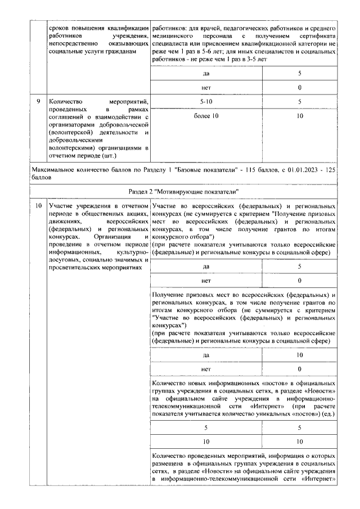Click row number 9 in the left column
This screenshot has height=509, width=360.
coord(38,101)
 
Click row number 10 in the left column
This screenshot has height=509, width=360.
coord(38,206)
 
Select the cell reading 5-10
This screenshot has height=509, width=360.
coord(206,101)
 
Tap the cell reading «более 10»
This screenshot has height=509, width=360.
coord(206,116)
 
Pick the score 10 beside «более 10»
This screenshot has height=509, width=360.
coord(299,116)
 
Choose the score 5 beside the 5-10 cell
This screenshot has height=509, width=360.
coord(299,101)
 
